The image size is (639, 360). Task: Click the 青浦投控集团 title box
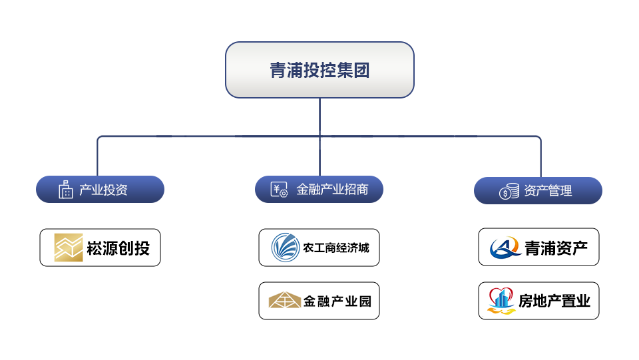tap(319, 71)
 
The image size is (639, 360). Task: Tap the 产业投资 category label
tap(103, 190)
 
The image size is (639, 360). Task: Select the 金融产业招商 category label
tap(331, 190)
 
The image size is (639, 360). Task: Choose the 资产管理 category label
tap(548, 191)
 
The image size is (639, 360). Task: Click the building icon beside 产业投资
tap(65, 190)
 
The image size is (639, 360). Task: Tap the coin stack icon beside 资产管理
tap(509, 192)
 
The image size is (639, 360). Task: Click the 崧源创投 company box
tap(100, 248)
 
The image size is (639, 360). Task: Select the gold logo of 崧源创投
tap(68, 248)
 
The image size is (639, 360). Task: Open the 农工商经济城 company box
tap(319, 248)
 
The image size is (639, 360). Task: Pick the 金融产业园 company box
tap(319, 301)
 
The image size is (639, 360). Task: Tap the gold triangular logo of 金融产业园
tap(284, 301)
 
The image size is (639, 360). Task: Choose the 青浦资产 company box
tap(538, 248)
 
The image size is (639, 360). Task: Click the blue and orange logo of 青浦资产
tap(505, 248)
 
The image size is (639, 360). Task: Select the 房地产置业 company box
tap(538, 301)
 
